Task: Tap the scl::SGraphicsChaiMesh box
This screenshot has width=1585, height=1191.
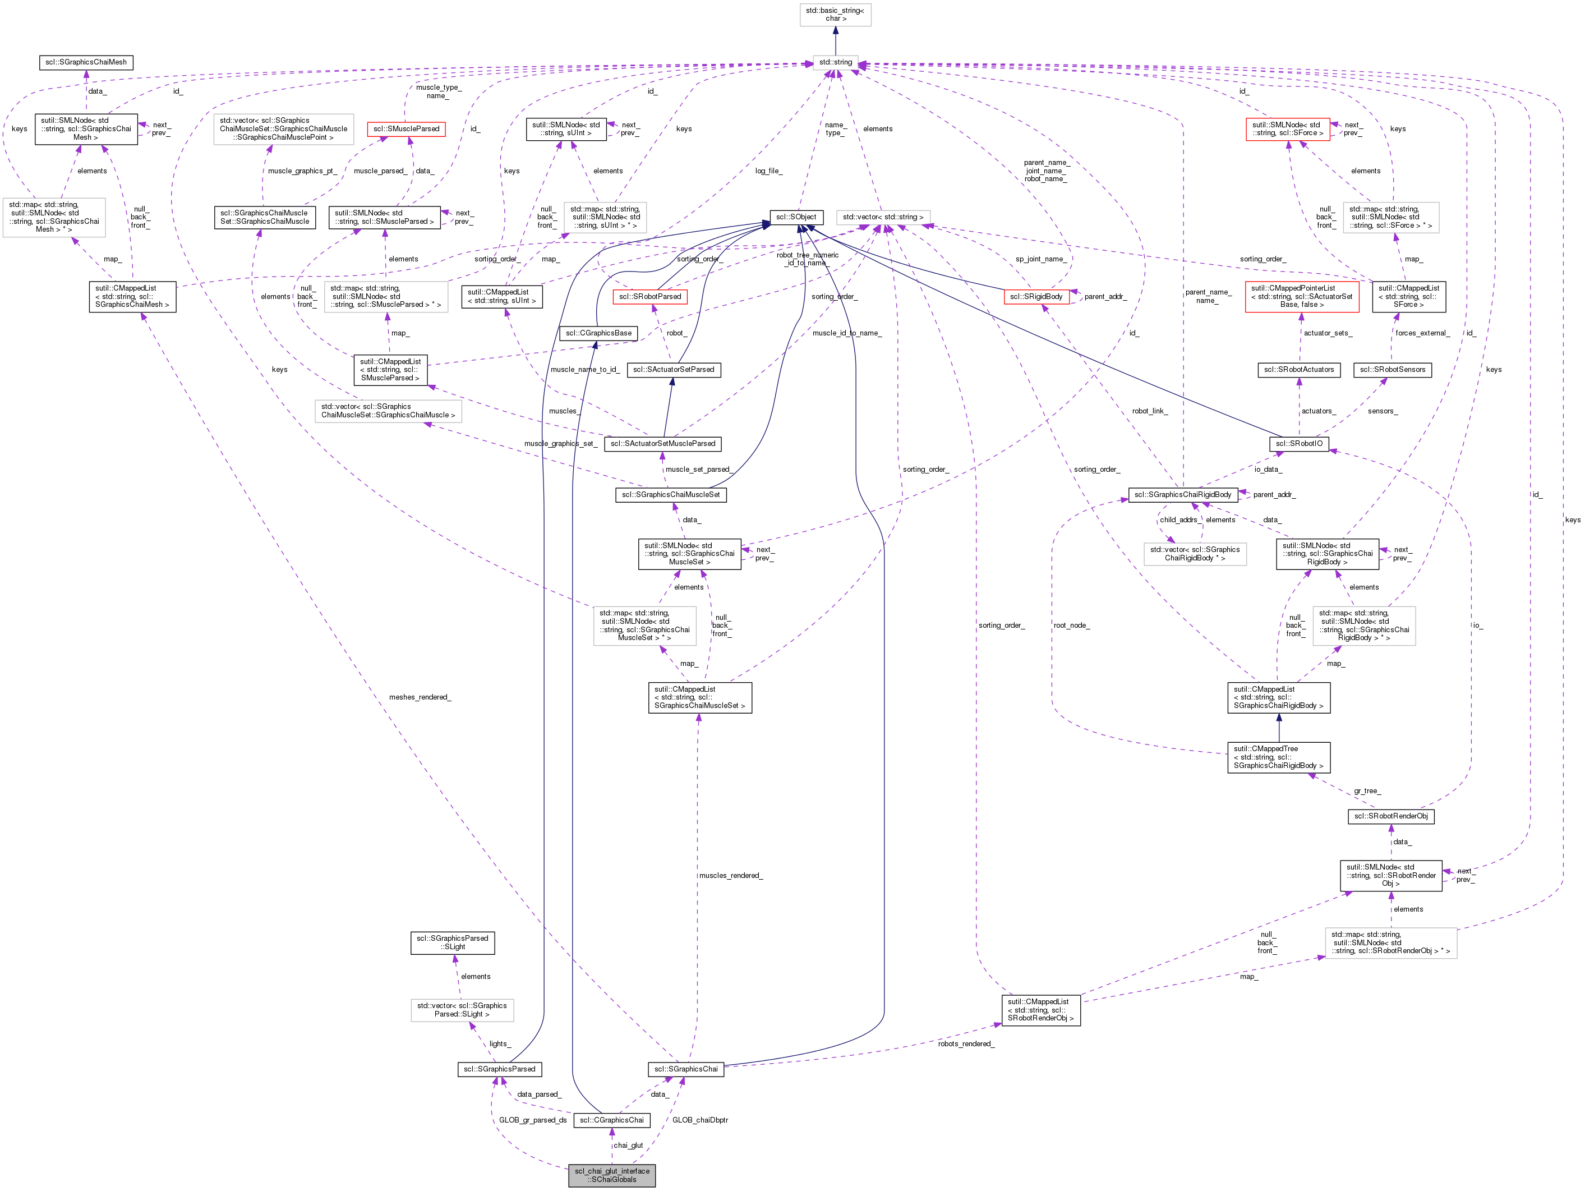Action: point(86,62)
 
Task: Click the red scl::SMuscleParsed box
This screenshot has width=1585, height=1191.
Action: point(406,129)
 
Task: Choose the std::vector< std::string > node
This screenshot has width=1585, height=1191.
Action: point(883,217)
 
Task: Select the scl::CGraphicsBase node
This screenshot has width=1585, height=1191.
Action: point(598,333)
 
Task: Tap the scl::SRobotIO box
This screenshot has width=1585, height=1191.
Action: point(1299,444)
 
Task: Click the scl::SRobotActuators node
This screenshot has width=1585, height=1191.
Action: point(1299,370)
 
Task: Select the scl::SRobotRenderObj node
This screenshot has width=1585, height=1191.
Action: point(1391,816)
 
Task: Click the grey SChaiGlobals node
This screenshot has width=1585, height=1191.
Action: point(612,1175)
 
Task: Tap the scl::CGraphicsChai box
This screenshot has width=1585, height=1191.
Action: point(612,1120)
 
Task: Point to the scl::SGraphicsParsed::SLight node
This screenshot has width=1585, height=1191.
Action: point(452,942)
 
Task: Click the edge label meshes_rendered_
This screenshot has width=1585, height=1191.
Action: point(420,697)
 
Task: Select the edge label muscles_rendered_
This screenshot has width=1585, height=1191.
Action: point(731,876)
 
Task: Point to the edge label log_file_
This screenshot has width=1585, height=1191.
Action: point(768,171)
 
